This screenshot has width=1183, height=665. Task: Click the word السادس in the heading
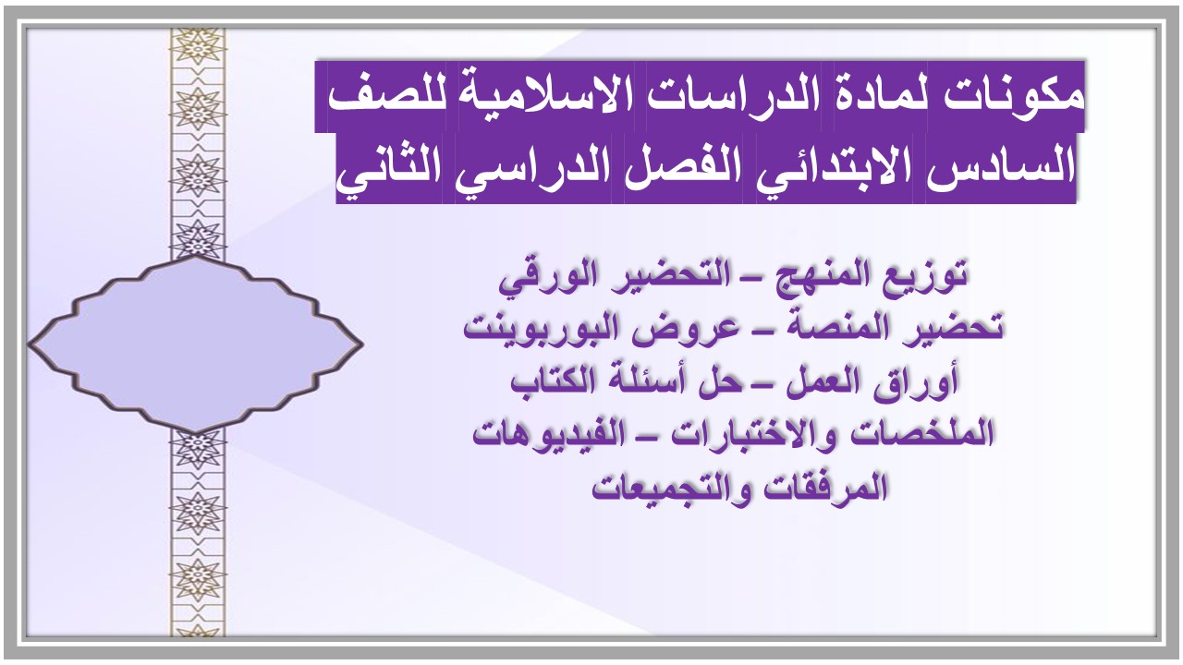click(1002, 169)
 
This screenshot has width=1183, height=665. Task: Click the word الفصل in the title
click(683, 169)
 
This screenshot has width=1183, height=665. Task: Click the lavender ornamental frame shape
click(195, 343)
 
